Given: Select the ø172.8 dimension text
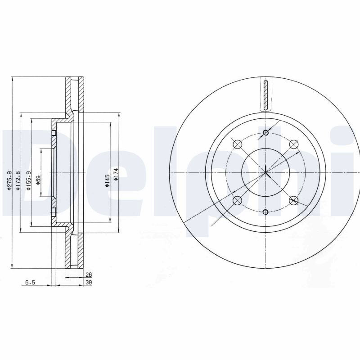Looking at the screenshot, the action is tap(18, 181).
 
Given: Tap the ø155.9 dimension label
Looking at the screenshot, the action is tap(29, 181).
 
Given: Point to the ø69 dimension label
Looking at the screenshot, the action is tap(38, 180).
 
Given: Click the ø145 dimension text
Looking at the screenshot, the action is tap(107, 181).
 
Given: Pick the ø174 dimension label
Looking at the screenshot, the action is tap(116, 174).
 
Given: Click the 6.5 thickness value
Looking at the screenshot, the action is tap(30, 283).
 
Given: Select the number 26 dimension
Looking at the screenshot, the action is tap(89, 274).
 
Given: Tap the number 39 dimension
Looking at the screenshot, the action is tap(89, 283).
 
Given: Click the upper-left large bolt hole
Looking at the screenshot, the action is tap(238, 144).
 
